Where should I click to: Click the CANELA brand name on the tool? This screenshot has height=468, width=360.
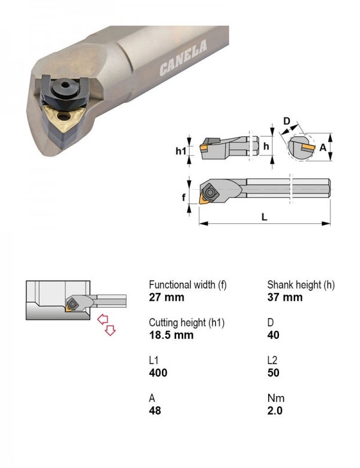click(183, 58)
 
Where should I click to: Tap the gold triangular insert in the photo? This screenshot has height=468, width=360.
click(63, 117)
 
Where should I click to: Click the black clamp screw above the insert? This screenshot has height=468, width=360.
click(64, 87)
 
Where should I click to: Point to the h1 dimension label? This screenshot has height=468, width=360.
click(181, 151)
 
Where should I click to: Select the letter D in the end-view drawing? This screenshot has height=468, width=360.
click(286, 121)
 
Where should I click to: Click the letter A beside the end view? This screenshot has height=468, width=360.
click(323, 148)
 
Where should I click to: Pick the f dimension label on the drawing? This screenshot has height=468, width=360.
click(184, 197)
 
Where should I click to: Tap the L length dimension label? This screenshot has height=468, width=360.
click(264, 217)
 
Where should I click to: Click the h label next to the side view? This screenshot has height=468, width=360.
click(266, 146)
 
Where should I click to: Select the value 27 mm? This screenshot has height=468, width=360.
click(167, 297)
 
